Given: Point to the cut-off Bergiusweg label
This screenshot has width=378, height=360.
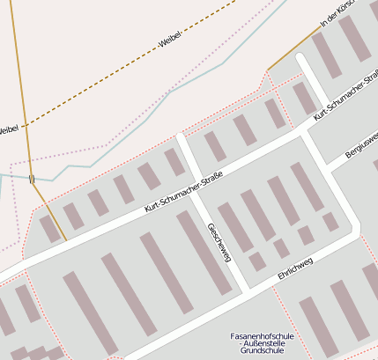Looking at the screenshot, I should (x=362, y=143).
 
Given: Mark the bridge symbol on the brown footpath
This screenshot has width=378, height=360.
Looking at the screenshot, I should (x=32, y=179).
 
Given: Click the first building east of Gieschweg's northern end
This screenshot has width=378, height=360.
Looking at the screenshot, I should (x=215, y=147).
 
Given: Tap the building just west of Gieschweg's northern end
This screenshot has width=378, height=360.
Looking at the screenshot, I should (x=174, y=162).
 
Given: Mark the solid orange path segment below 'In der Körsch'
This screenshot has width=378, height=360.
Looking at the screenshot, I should (x=293, y=48).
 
